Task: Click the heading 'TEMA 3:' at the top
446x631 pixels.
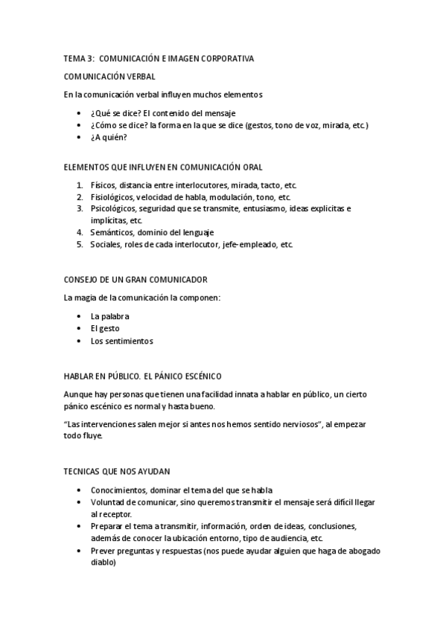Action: (77, 58)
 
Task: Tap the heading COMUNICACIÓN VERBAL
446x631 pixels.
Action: (109, 77)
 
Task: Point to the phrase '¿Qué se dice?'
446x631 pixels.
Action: (115, 113)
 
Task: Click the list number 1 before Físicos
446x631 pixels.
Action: (79, 185)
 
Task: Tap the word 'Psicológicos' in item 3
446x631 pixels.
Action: (112, 209)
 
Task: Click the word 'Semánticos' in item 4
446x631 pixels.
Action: (110, 233)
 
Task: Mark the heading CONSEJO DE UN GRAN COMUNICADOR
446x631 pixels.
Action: (136, 280)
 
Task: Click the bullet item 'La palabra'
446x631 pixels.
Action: (109, 316)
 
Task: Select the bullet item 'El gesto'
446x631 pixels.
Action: (105, 328)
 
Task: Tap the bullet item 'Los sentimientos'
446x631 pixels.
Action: (121, 341)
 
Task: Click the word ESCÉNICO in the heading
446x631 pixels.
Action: (202, 377)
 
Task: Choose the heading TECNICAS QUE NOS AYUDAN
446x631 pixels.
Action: (118, 472)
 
